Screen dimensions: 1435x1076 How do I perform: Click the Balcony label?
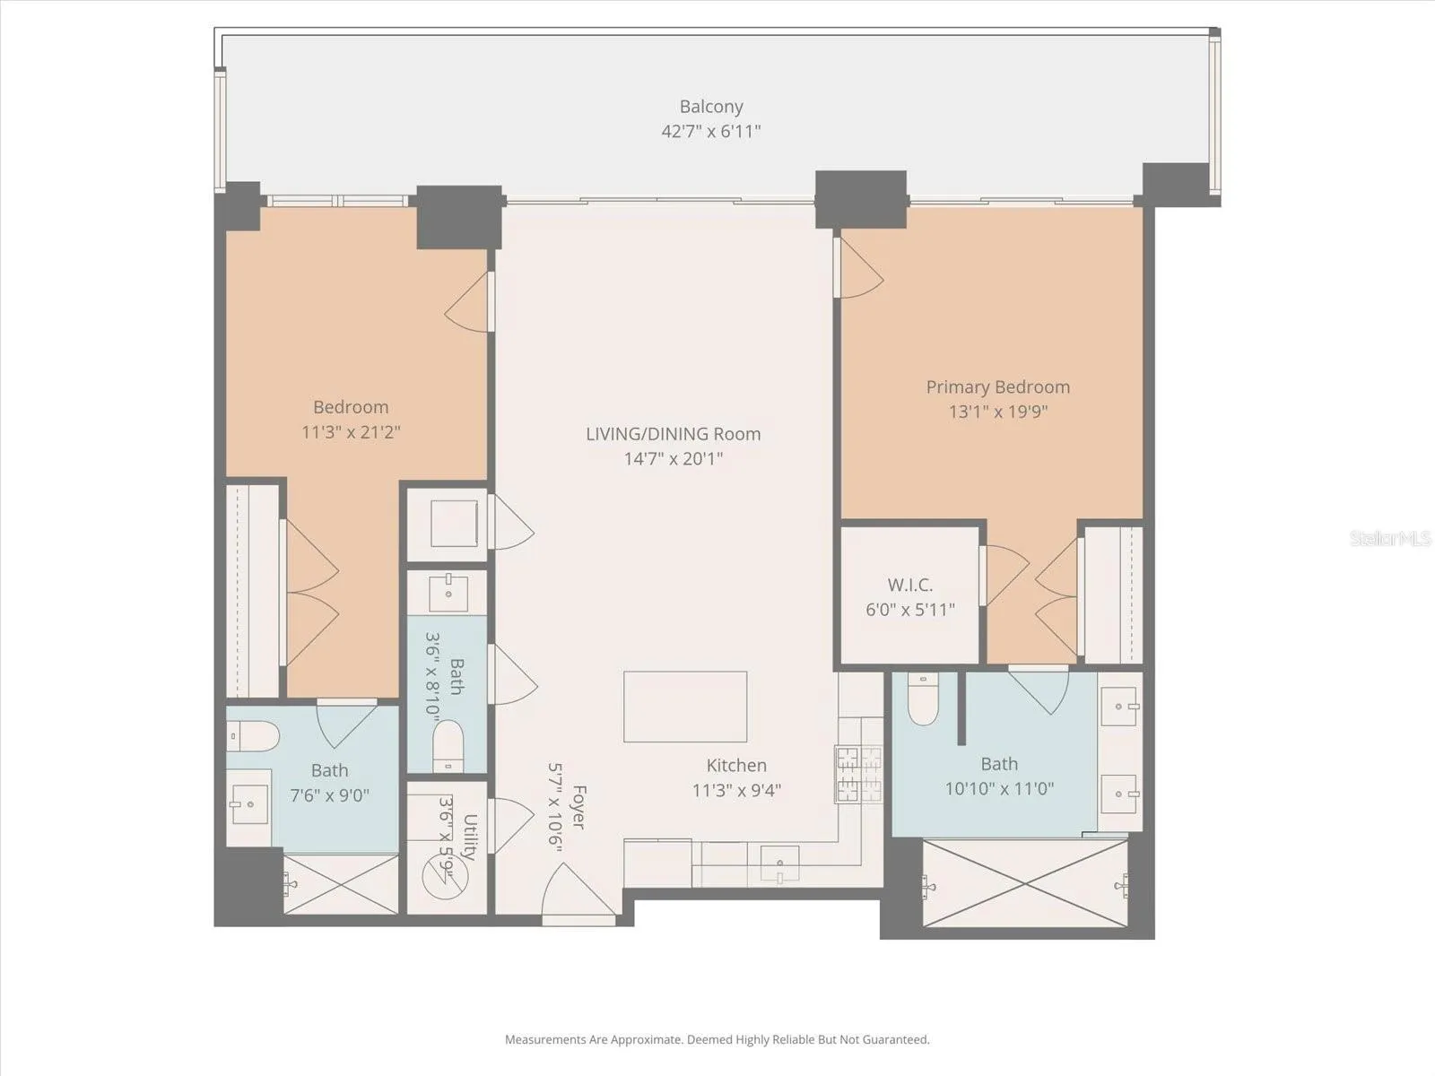(711, 107)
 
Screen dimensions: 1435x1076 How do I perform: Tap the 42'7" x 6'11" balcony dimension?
(711, 131)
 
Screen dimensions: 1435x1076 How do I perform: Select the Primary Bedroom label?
(997, 387)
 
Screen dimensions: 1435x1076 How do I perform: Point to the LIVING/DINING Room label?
(674, 434)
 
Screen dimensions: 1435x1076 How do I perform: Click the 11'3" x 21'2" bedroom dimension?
(351, 432)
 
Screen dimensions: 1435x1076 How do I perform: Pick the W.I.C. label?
(910, 585)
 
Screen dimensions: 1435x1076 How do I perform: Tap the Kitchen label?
(737, 765)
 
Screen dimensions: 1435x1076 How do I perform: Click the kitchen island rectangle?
(685, 707)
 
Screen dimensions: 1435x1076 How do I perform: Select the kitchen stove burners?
(857, 774)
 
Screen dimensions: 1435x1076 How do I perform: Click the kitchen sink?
(780, 863)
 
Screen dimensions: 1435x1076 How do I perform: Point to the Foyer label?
(578, 808)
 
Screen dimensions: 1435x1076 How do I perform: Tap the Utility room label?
(469, 837)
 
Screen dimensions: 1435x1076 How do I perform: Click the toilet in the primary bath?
(923, 699)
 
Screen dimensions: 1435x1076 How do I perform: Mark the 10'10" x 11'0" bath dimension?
(1000, 789)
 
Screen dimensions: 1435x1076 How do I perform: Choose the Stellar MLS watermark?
(1390, 538)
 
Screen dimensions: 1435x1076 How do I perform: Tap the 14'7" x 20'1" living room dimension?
(674, 458)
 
